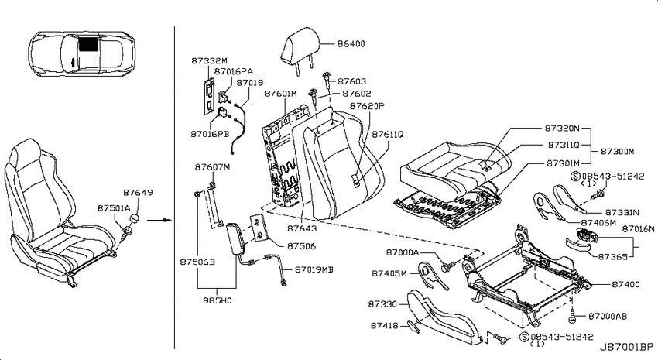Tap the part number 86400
click(351, 43)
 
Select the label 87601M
click(280, 94)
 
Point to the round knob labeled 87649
click(136, 219)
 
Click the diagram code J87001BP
click(626, 347)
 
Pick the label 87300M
click(617, 152)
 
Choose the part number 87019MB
click(314, 269)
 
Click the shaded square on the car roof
click(88, 43)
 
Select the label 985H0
click(218, 300)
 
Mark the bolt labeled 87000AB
click(572, 316)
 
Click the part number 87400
click(625, 284)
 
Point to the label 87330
click(382, 303)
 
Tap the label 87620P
click(367, 106)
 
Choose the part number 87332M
click(209, 60)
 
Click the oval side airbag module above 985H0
click(233, 239)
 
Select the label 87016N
click(638, 229)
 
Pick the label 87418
click(385, 325)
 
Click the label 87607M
click(212, 167)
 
